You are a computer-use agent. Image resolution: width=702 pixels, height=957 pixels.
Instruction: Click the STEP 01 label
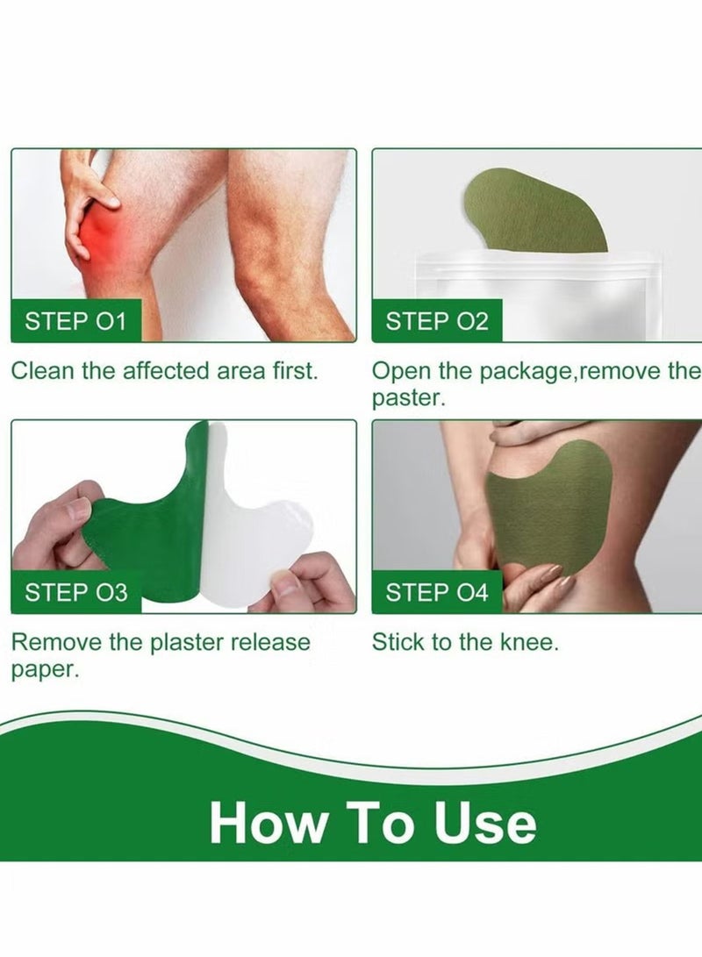click(x=75, y=321)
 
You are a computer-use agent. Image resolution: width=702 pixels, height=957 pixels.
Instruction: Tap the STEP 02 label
click(x=436, y=321)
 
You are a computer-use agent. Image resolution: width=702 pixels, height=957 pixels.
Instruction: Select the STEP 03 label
click(x=75, y=592)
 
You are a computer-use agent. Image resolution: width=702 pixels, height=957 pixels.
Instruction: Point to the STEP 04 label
click(x=436, y=592)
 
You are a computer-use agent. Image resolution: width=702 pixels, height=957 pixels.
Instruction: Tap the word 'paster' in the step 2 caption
click(x=408, y=397)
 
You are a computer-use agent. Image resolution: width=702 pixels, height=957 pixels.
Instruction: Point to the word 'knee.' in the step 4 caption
click(x=528, y=642)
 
